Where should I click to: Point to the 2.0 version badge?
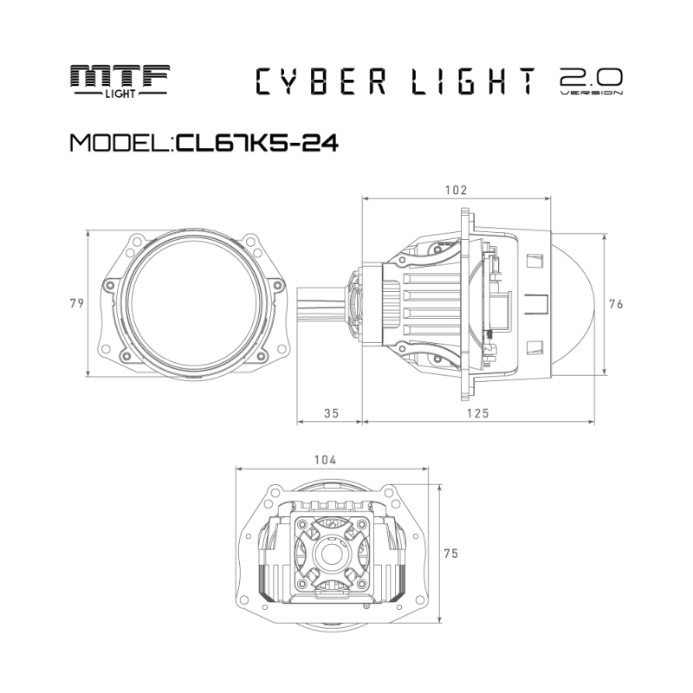[592, 81]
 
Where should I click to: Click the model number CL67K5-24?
[256, 142]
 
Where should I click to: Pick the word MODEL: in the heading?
[120, 142]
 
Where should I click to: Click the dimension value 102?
[456, 190]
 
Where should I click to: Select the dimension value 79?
[76, 303]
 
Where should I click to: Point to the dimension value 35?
[330, 413]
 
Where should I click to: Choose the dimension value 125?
[477, 413]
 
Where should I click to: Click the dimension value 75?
[450, 552]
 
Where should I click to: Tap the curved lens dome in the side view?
[576, 303]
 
